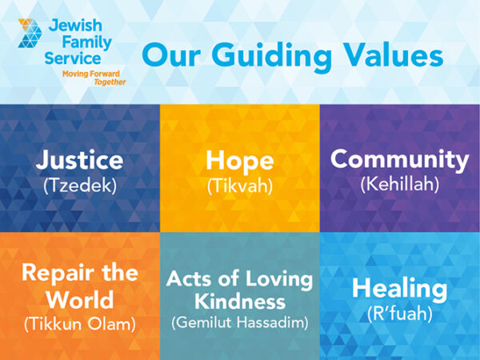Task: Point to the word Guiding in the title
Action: point(265,58)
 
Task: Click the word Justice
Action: point(79,160)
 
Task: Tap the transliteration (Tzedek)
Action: point(79,186)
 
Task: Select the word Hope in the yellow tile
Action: point(239,160)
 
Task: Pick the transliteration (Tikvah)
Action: point(239,186)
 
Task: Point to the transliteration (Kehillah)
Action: point(399,184)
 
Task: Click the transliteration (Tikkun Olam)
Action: point(79,323)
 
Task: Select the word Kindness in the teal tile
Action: point(239,302)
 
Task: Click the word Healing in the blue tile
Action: point(399,287)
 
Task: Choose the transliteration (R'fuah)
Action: point(399,313)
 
